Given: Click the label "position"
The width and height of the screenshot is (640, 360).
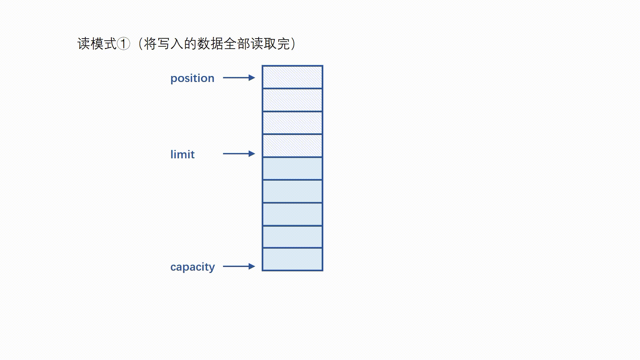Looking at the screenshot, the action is pyautogui.click(x=192, y=78).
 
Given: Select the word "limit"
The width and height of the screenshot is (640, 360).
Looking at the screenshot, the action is pyautogui.click(x=182, y=154).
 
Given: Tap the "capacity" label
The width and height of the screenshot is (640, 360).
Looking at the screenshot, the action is pyautogui.click(x=193, y=267).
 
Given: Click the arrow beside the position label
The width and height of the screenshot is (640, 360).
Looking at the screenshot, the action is pyautogui.click(x=239, y=78).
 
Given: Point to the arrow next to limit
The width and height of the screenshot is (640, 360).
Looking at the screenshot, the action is pyautogui.click(x=239, y=154).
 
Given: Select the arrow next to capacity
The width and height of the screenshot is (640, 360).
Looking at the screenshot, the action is pyautogui.click(x=239, y=266).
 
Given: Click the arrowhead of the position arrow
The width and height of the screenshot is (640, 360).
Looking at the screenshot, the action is pyautogui.click(x=252, y=78).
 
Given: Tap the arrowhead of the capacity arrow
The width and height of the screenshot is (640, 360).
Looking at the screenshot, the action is pyautogui.click(x=252, y=266).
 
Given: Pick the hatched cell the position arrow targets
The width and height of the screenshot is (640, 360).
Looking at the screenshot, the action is pyautogui.click(x=292, y=77).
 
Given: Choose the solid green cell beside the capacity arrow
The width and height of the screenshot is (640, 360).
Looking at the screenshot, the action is pyautogui.click(x=292, y=259).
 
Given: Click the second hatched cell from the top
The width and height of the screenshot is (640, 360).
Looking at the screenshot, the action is pyautogui.click(x=292, y=100).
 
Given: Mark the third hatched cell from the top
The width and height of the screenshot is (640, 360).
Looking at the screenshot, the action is pyautogui.click(x=292, y=123).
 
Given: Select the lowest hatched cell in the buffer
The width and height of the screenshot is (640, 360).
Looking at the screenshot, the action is pyautogui.click(x=292, y=146).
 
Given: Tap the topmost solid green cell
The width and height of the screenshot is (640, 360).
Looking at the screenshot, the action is pyautogui.click(x=292, y=169).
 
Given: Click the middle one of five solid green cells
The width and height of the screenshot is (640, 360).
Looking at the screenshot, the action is pyautogui.click(x=292, y=214).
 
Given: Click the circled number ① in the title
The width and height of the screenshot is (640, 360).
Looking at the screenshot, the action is pyautogui.click(x=124, y=44).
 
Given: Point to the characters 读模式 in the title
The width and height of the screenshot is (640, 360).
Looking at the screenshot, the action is pyautogui.click(x=97, y=44).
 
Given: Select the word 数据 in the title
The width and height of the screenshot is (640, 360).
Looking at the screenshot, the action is pyautogui.click(x=210, y=44).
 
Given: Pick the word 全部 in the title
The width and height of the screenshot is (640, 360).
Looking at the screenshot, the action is pyautogui.click(x=237, y=44).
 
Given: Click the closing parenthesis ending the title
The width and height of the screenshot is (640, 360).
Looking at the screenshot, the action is pyautogui.click(x=293, y=44).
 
